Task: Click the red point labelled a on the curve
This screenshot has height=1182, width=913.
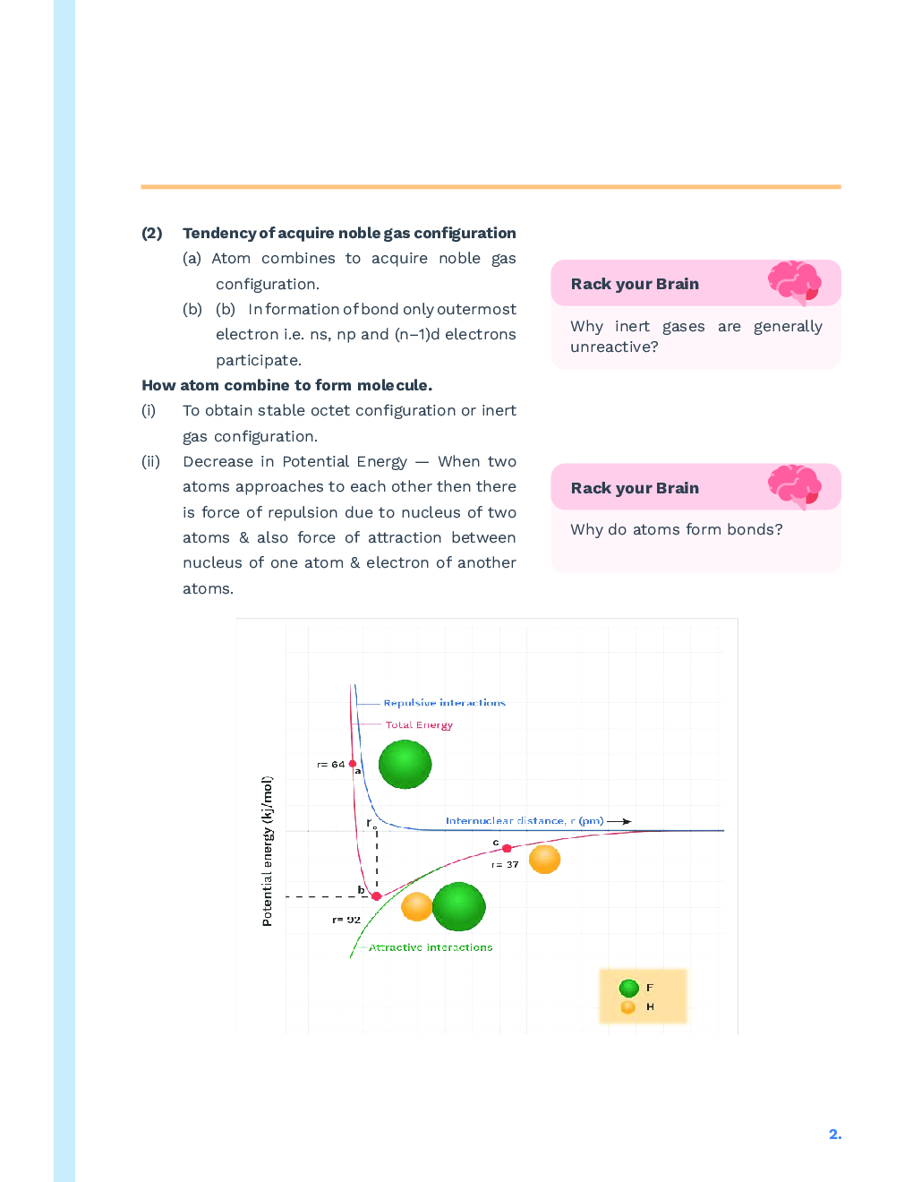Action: click(x=353, y=764)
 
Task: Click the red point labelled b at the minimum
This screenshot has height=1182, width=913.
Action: click(x=376, y=895)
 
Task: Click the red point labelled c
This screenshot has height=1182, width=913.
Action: click(x=507, y=848)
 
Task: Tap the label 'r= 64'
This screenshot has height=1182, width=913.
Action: click(x=330, y=765)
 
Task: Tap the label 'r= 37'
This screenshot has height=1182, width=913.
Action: click(x=505, y=865)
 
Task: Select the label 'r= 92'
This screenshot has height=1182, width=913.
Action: click(x=346, y=920)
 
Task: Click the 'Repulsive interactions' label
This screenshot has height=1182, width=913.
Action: click(x=444, y=703)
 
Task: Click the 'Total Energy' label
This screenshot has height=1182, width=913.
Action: click(x=419, y=725)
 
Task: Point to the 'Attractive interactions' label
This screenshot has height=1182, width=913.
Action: click(x=431, y=947)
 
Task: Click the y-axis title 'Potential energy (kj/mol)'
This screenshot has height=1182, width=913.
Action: click(x=267, y=851)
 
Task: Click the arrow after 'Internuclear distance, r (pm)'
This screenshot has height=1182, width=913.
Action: click(x=619, y=821)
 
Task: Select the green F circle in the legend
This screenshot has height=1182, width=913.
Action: click(x=628, y=989)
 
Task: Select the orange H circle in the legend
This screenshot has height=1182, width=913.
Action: click(x=628, y=1007)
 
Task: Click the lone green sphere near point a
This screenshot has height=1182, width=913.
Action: click(x=405, y=764)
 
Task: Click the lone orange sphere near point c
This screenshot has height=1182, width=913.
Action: click(x=544, y=860)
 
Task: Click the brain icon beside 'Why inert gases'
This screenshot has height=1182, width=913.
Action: click(x=794, y=283)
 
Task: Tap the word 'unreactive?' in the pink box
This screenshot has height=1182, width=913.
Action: click(x=614, y=347)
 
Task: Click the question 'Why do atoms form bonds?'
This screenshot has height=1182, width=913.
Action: click(x=676, y=530)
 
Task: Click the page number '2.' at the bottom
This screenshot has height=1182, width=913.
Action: click(x=834, y=1135)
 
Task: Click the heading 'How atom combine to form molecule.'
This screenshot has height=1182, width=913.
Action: click(x=286, y=386)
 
